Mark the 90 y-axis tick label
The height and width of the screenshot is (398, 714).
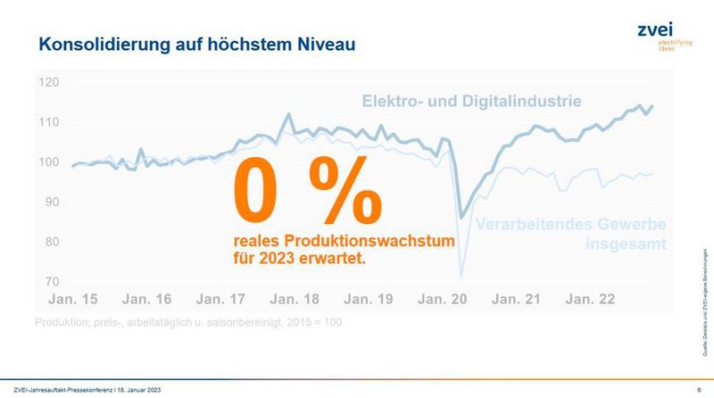(x=50, y=203)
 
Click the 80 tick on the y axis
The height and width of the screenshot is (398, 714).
(x=50, y=243)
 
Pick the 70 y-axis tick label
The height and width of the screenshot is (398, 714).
(x=50, y=282)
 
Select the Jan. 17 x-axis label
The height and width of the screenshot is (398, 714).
(x=220, y=301)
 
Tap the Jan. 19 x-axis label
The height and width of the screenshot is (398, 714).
(x=367, y=301)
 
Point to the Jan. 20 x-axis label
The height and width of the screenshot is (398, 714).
(x=441, y=301)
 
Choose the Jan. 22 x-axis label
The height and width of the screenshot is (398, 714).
(x=589, y=301)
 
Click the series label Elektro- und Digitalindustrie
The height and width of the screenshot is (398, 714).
(x=471, y=101)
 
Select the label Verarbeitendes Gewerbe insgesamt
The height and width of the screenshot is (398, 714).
(x=572, y=233)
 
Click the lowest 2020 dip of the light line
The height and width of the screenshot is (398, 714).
(x=461, y=276)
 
